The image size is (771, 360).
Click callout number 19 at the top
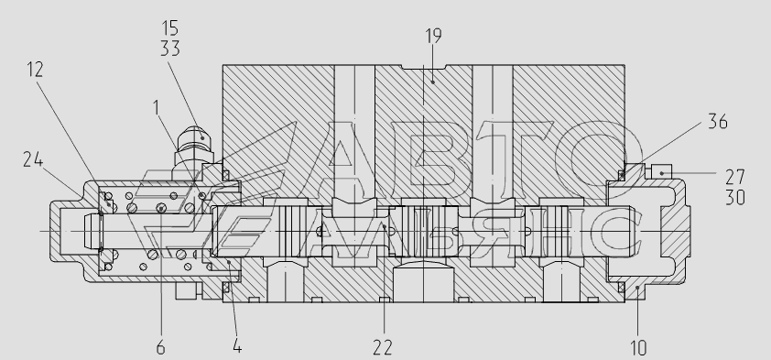[x=433, y=36]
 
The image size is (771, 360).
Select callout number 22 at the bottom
[x=383, y=348]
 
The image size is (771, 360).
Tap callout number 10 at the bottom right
[x=638, y=348]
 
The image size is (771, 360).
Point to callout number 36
[x=717, y=122]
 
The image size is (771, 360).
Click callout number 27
[x=735, y=177]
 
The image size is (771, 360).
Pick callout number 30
[x=735, y=198]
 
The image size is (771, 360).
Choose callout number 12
[x=35, y=70]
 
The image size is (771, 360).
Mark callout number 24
[x=33, y=159]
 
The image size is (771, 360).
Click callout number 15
[x=170, y=28]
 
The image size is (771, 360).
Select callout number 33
[x=170, y=49]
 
